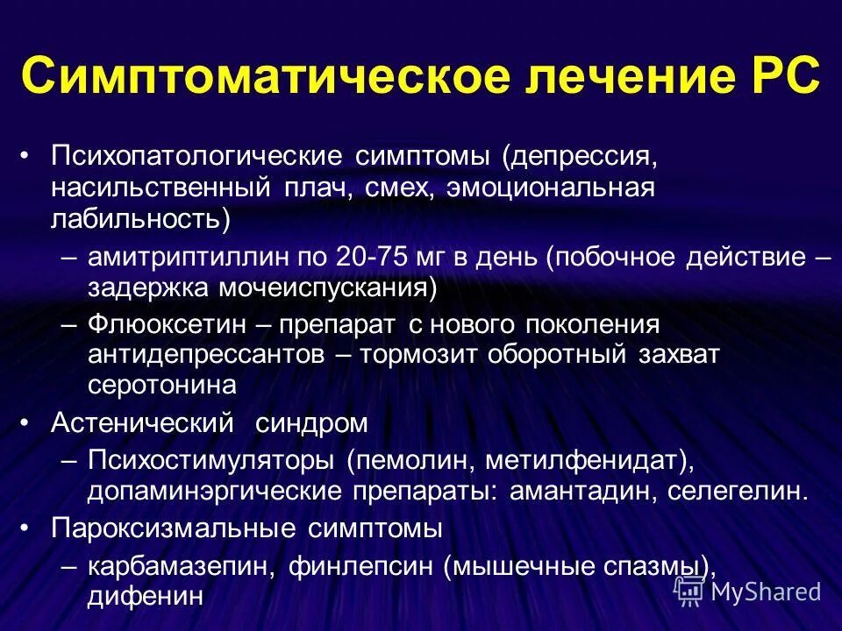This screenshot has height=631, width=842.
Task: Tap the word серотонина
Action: click(x=161, y=385)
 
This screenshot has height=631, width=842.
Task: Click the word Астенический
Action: click(x=142, y=422)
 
